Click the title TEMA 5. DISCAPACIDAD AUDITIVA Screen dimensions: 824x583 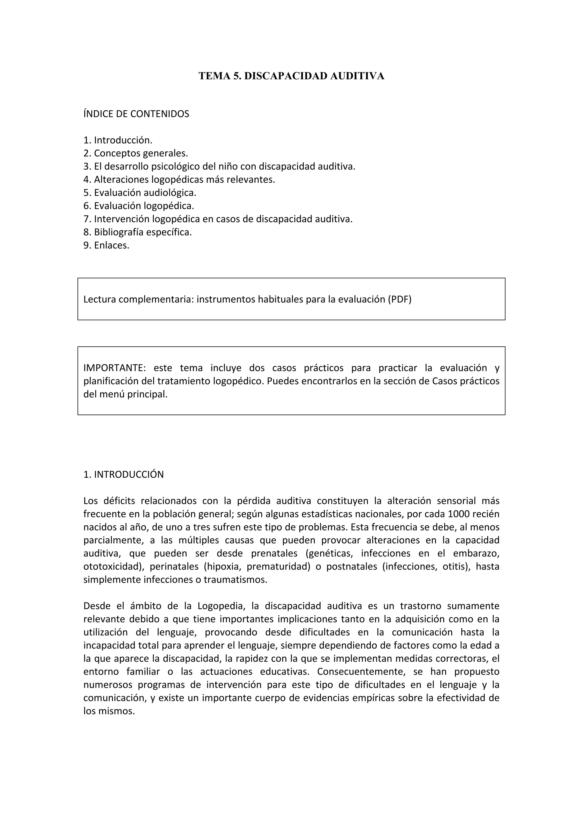[x=291, y=76]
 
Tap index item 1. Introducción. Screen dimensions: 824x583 [x=118, y=140]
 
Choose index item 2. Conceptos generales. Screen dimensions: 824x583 [x=136, y=153]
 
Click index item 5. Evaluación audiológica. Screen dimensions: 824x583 [x=140, y=193]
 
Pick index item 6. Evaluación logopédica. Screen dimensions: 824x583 [x=139, y=206]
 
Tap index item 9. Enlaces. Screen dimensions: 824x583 [x=106, y=245]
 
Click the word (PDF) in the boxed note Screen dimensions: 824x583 [x=399, y=299]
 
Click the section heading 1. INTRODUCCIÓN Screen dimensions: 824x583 [x=124, y=475]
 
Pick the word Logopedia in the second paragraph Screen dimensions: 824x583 [x=221, y=606]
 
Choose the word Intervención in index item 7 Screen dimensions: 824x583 [x=122, y=219]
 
